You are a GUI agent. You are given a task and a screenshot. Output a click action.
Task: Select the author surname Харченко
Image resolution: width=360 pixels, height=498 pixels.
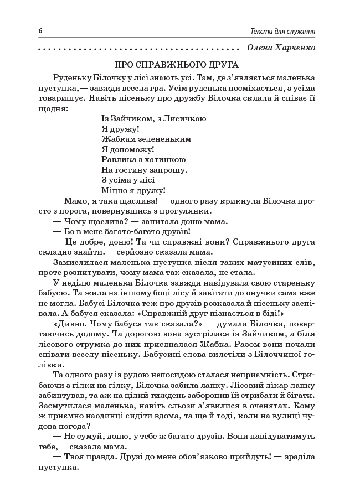point(292,48)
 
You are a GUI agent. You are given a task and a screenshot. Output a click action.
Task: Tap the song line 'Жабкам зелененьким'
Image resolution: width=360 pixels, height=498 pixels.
point(138,139)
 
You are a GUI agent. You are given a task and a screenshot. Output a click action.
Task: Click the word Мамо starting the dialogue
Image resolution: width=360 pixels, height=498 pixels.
point(77,201)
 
